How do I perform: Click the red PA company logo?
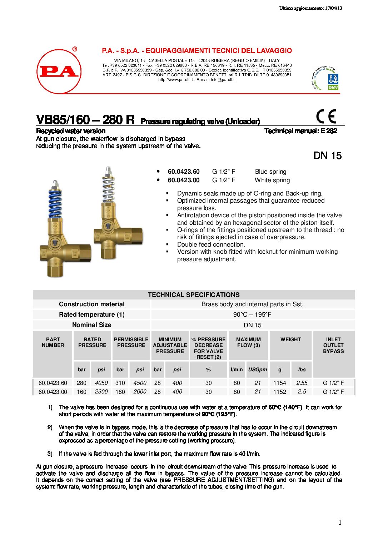click(x=59, y=71)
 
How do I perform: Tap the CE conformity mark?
click(x=326, y=117)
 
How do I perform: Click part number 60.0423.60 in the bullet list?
click(x=184, y=172)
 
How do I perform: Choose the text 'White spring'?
click(x=272, y=180)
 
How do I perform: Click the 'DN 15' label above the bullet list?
click(x=327, y=155)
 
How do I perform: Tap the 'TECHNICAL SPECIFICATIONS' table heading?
click(x=194, y=295)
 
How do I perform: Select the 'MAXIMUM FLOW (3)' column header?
click(x=248, y=342)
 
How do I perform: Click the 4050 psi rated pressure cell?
click(x=101, y=383)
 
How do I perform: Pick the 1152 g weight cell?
click(x=280, y=392)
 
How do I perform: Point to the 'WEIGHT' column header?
click(x=290, y=340)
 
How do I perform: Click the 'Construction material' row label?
click(x=92, y=304)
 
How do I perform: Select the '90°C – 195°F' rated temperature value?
click(x=252, y=314)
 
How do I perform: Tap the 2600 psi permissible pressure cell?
click(x=140, y=392)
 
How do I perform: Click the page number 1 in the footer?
click(x=340, y=522)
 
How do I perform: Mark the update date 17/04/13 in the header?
click(x=333, y=8)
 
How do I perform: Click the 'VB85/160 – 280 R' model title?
click(x=85, y=120)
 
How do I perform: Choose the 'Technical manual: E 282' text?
click(x=300, y=131)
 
